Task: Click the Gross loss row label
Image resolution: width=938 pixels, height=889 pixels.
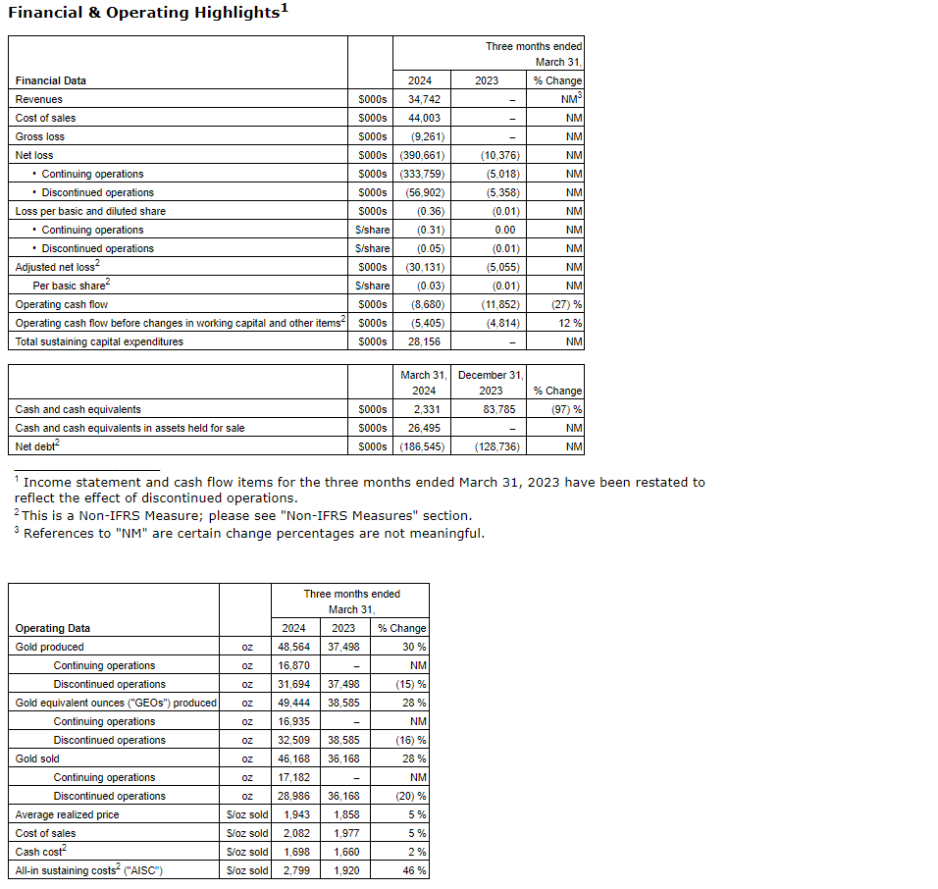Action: (40, 136)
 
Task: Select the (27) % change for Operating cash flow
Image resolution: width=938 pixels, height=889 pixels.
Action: (566, 304)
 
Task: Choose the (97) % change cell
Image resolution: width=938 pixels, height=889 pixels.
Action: (566, 409)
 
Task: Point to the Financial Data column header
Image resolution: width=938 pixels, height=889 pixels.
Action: (50, 80)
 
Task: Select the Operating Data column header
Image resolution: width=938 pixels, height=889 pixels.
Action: (53, 628)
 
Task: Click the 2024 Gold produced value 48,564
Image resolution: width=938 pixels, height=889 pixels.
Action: (294, 647)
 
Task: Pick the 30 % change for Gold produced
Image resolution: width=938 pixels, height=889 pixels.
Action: (413, 647)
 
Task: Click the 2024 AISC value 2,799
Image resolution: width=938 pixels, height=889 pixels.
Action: (294, 870)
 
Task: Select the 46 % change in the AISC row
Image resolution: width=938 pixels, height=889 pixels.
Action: (413, 870)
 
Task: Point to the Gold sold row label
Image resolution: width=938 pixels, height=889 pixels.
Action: (37, 758)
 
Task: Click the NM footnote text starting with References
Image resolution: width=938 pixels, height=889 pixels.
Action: (253, 534)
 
